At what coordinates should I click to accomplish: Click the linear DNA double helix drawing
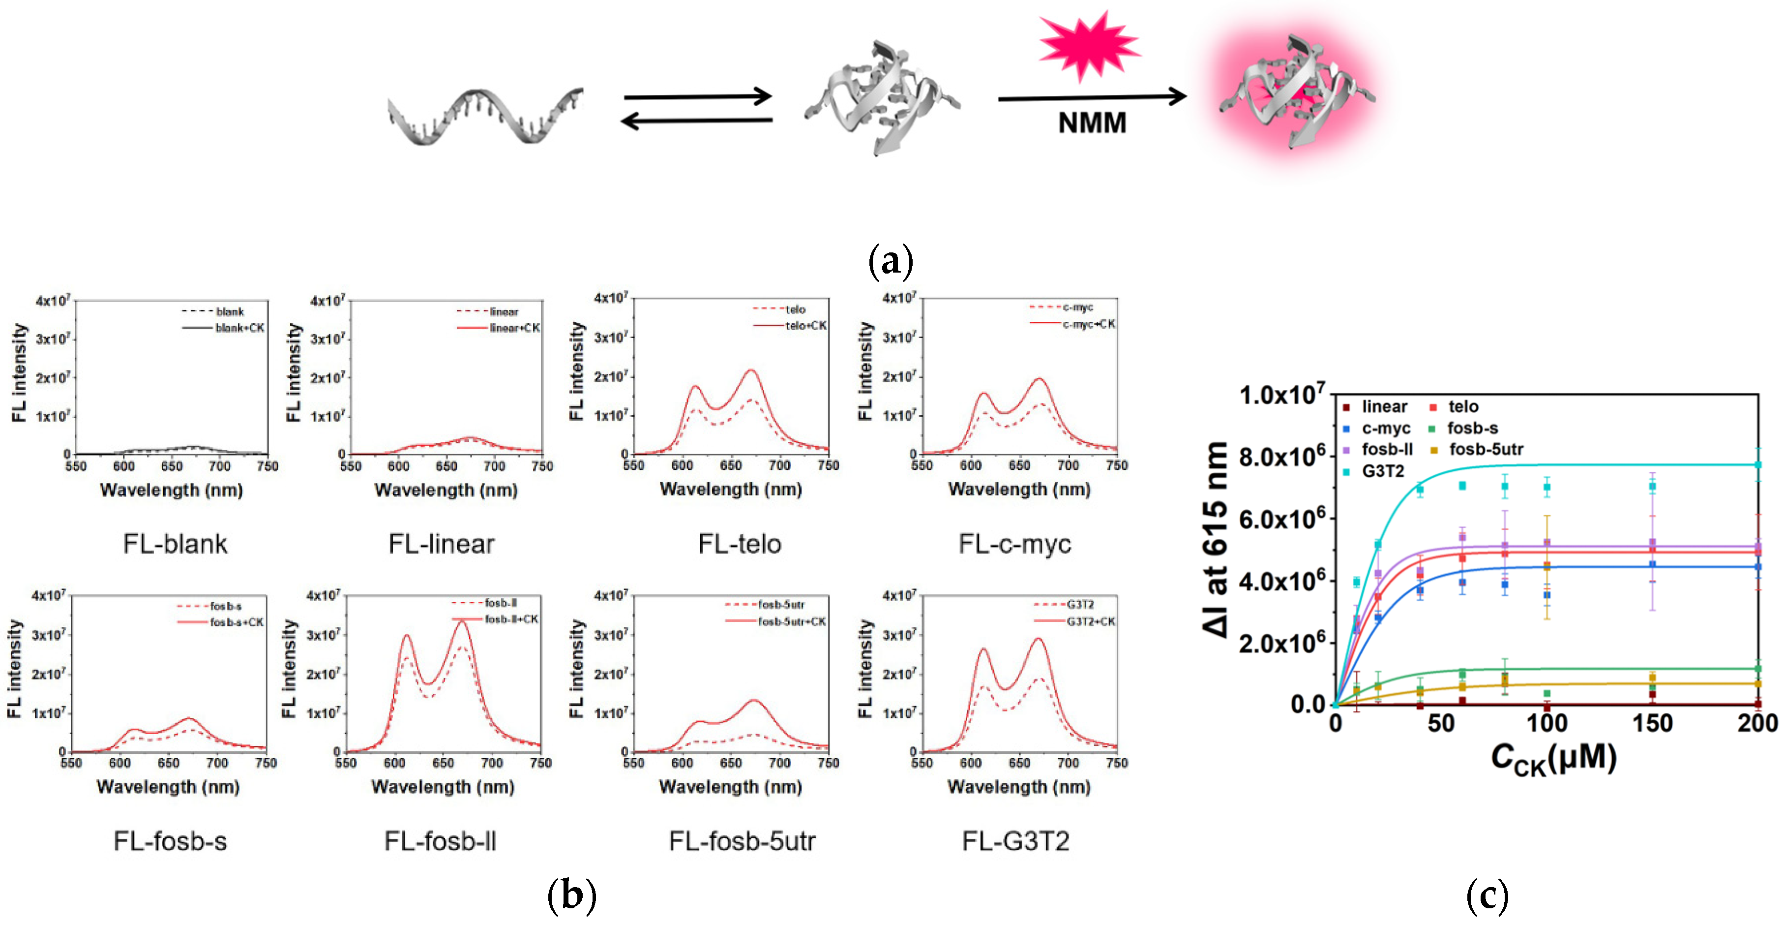(484, 117)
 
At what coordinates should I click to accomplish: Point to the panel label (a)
(891, 261)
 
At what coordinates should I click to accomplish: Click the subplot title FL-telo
(740, 544)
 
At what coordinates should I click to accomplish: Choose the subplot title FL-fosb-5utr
(742, 841)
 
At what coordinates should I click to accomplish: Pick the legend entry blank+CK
(238, 328)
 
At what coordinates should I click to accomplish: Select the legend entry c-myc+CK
(1088, 324)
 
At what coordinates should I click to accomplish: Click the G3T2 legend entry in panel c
(1382, 471)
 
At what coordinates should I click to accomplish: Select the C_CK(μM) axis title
(1553, 759)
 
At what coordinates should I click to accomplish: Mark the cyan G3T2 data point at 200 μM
(1757, 464)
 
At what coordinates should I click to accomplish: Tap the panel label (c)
(1487, 895)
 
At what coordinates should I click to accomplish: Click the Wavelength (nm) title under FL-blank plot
(171, 490)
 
